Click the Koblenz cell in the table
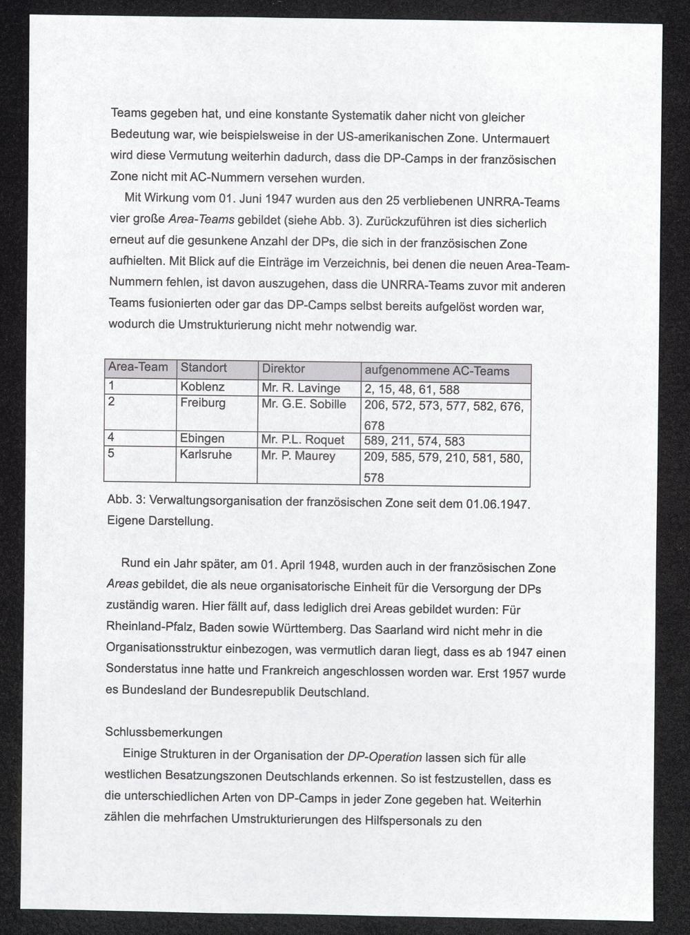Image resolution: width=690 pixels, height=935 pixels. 202,387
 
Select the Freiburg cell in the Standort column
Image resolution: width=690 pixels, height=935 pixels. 203,402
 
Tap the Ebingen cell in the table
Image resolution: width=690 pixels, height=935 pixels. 202,438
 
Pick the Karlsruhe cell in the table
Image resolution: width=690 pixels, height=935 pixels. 206,455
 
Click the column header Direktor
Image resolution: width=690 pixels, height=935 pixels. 283,368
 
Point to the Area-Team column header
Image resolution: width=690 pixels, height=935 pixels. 138,366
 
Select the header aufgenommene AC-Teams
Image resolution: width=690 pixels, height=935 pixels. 437,371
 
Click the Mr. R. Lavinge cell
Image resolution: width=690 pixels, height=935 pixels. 301,388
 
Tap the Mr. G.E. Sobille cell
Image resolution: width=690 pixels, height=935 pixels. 304,404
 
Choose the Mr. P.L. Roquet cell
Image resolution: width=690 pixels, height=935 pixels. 303,440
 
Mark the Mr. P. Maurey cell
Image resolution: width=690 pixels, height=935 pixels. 298,455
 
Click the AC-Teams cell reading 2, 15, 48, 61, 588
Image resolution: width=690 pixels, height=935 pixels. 411,390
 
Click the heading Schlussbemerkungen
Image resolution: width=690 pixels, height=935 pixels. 164,732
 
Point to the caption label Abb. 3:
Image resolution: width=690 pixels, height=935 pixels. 126,499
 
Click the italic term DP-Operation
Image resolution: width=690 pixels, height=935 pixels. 384,756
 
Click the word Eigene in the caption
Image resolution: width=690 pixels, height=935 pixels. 126,521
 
